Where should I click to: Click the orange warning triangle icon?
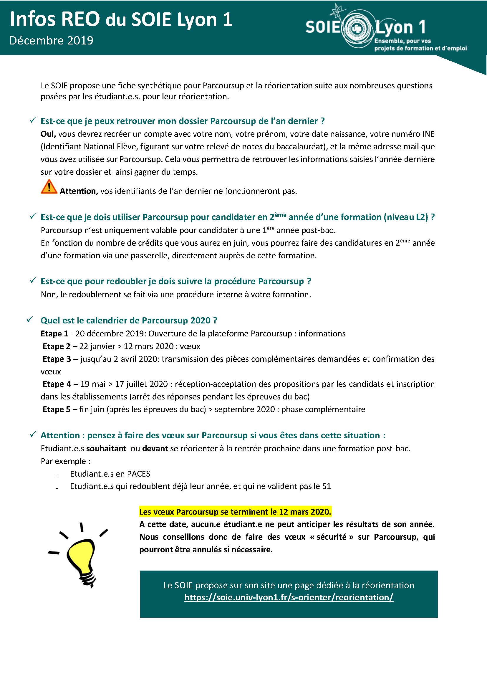tap(49, 187)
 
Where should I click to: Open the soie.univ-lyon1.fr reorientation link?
tap(289, 597)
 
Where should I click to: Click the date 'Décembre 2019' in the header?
tap(51, 41)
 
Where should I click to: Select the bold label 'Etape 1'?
tap(54, 333)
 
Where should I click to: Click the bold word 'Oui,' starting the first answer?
tap(48, 134)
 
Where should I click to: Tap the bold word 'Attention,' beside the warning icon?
tap(79, 191)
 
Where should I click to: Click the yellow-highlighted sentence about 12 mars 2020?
tap(235, 512)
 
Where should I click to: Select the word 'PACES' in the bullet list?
tap(139, 474)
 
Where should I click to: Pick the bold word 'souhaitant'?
tap(107, 448)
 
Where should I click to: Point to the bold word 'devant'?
tap(155, 448)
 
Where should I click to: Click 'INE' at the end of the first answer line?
tap(428, 134)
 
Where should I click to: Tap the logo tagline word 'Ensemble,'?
tap(387, 41)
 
